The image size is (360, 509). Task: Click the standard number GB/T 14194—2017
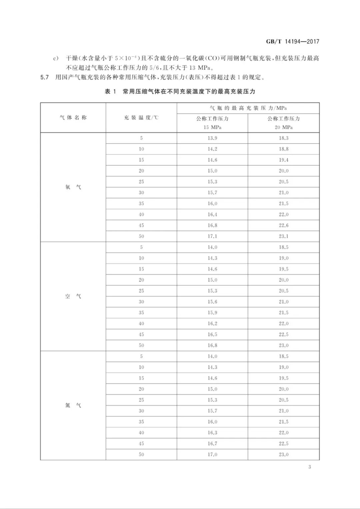coord(292,42)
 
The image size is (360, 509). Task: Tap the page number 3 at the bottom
coord(310,467)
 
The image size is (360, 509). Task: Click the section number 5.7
coord(45,78)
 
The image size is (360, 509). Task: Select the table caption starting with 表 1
coord(180,92)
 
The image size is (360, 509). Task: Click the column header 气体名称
coord(73,118)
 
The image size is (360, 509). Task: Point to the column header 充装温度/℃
coord(141,118)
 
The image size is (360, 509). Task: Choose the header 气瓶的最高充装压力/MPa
coord(248,108)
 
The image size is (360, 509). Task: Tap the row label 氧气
coord(73,187)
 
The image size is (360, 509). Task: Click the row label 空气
coord(73,296)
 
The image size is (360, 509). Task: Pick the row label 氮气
coord(73,405)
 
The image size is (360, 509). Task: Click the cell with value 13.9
coord(212,138)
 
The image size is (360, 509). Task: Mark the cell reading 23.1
coord(283,236)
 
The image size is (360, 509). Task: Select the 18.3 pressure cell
coord(283,138)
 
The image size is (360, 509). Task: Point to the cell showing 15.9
coord(212,312)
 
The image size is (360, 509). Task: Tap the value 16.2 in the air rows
coord(212,323)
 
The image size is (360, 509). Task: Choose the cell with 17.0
coord(212,454)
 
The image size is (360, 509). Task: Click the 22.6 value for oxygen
coord(283,225)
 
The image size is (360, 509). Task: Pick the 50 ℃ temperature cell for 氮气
coord(141,454)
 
